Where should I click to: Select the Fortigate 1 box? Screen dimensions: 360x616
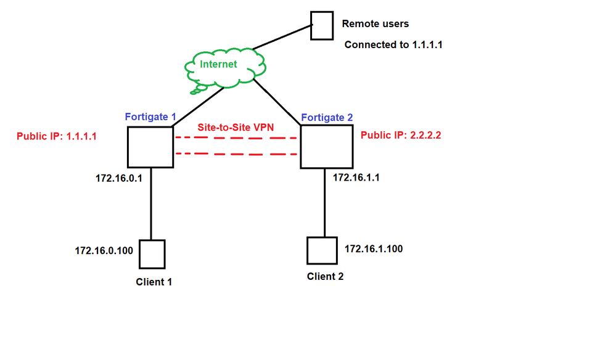click(x=150, y=147)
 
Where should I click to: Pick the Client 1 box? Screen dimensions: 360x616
click(x=152, y=253)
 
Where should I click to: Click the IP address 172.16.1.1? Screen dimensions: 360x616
click(x=356, y=177)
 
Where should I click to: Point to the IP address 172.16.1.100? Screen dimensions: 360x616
click(x=374, y=248)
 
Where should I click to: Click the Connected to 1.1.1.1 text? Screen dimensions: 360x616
click(x=393, y=45)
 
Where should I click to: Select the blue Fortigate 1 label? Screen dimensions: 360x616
click(x=151, y=116)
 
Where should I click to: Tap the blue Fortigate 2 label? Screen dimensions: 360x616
click(x=327, y=117)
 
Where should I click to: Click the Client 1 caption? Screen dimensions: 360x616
click(x=154, y=282)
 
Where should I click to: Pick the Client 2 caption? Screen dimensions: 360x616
click(x=325, y=276)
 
